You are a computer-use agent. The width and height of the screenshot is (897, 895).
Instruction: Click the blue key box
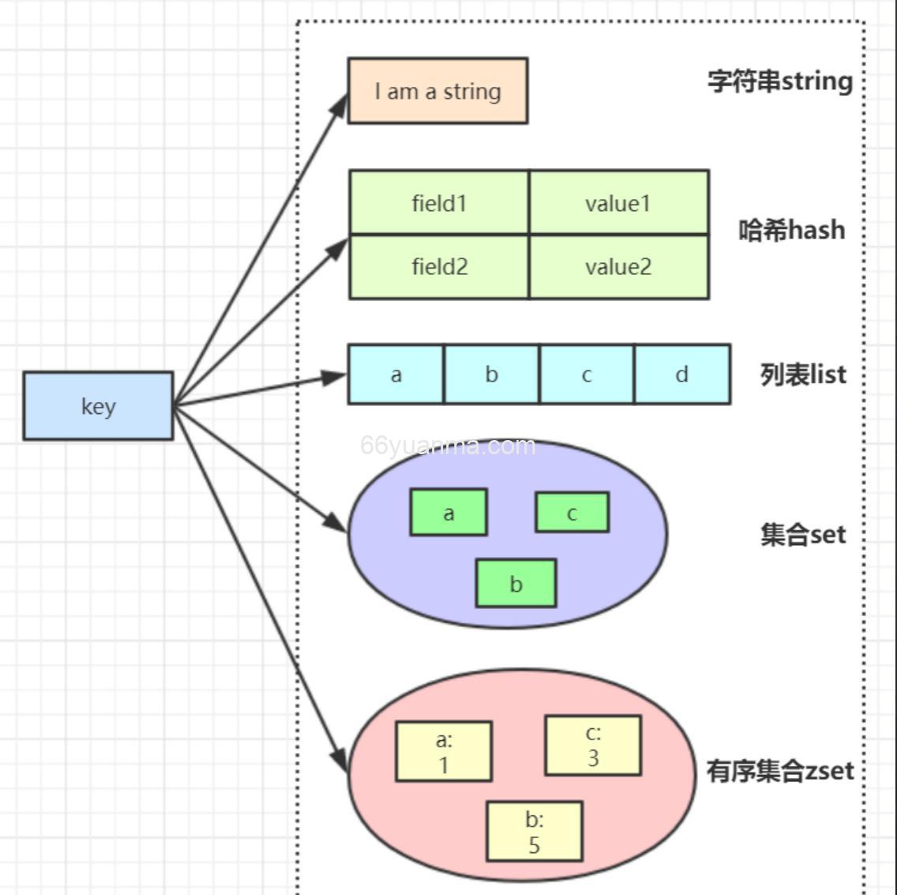coord(98,406)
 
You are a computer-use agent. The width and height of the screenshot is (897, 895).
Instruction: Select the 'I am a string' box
coord(437,91)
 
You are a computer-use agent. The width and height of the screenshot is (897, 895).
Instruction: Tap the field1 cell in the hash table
coord(439,203)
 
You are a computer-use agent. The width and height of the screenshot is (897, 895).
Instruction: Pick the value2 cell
coord(618,267)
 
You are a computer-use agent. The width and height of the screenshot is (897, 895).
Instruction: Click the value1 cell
coord(618,203)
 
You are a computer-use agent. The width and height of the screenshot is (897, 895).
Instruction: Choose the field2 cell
coord(439,267)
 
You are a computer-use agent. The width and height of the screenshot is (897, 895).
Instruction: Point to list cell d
coord(682,374)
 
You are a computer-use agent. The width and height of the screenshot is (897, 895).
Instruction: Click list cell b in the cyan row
coord(491,374)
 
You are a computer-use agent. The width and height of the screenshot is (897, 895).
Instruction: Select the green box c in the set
coord(572,513)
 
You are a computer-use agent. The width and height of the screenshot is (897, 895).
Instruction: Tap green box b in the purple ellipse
coord(516,584)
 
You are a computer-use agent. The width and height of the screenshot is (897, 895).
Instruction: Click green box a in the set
coord(448,513)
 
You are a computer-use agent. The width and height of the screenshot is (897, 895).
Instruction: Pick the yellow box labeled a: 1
coord(443,751)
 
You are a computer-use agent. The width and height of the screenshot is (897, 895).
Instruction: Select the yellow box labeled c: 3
coord(592,746)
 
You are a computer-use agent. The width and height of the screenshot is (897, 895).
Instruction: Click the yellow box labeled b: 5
coord(534,832)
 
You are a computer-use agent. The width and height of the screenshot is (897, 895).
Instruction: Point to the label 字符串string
coord(779,81)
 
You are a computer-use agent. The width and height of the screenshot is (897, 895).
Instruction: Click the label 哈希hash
coord(791,230)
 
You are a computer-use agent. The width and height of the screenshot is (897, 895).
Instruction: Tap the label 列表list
coord(802,374)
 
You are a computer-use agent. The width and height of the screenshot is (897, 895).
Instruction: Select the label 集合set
coord(802,535)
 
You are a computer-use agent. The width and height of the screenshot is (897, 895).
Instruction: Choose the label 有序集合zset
coord(779,770)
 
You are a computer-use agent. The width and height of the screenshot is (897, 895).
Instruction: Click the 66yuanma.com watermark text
coord(448,446)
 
